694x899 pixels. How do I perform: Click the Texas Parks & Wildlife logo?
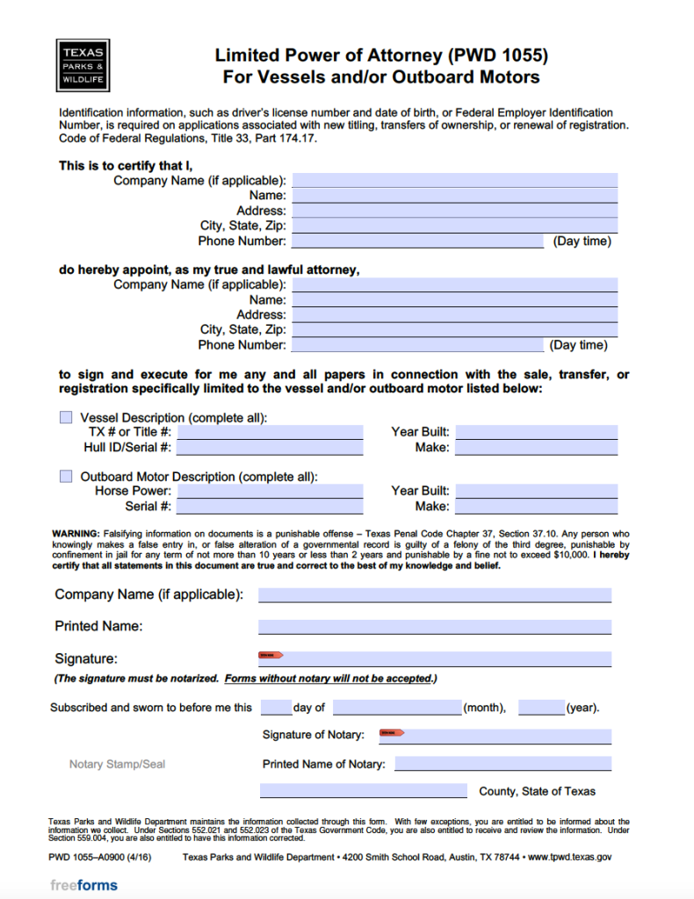coord(83,65)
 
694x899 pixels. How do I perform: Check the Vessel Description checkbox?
coord(66,418)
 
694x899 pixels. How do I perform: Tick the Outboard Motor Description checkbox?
coord(66,477)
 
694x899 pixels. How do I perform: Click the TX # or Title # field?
coord(270,432)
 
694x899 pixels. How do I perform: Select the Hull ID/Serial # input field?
coord(270,448)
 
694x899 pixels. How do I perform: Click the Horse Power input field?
coord(270,491)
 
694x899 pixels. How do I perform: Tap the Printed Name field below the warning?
coord(434,627)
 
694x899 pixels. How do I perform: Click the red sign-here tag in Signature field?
coord(270,655)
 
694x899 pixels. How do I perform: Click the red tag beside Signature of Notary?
coord(391,732)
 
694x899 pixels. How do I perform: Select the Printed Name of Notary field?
coord(502,764)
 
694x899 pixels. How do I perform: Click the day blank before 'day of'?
coord(276,708)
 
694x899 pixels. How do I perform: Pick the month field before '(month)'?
coord(397,708)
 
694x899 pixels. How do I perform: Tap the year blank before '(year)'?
coord(541,708)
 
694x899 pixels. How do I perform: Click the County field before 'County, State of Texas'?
coord(364,791)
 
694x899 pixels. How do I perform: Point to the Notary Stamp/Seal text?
coord(117,765)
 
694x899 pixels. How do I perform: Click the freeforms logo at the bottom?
coord(83,885)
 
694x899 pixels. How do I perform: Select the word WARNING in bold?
coord(76,534)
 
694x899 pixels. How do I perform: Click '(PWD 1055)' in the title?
coord(497,55)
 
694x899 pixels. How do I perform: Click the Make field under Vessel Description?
coord(536,448)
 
